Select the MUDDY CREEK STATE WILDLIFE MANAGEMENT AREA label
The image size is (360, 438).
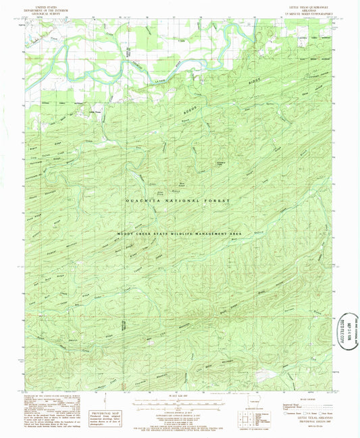click(x=180, y=232)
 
